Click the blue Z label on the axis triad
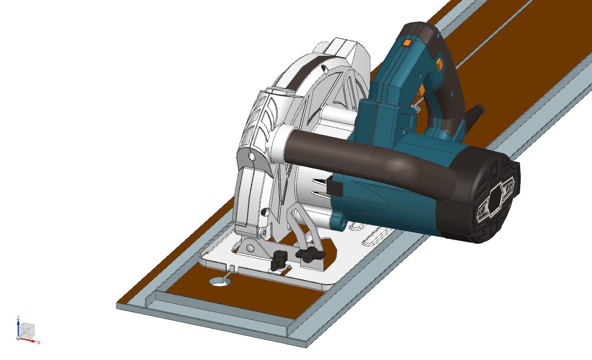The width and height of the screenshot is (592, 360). click(x=18, y=317)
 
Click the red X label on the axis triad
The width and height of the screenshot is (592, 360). click(x=39, y=342)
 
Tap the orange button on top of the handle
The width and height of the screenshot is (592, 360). click(x=407, y=43)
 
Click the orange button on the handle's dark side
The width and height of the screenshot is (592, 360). click(x=439, y=64)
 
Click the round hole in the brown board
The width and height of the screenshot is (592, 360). click(x=219, y=282)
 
